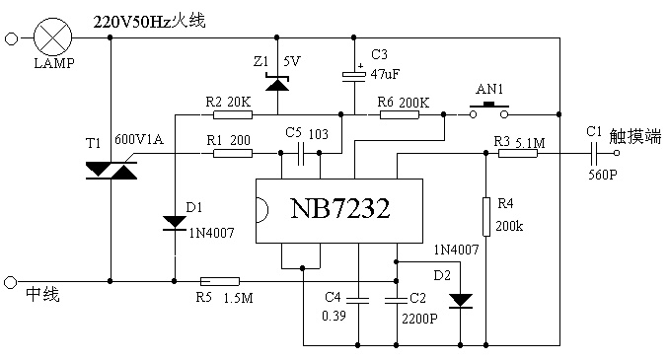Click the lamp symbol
[x=52, y=37]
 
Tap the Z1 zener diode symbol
[x=277, y=82]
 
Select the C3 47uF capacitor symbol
[x=354, y=76]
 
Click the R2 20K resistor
[x=233, y=114]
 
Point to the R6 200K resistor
[x=399, y=114]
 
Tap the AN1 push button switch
[x=489, y=110]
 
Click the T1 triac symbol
[x=111, y=171]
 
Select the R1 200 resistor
[x=233, y=153]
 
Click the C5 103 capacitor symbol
[x=300, y=153]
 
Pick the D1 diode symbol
[x=175, y=223]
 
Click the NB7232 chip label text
[x=340, y=208]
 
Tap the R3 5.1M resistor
[x=518, y=153]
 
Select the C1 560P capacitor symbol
[x=594, y=153]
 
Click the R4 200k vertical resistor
[x=486, y=217]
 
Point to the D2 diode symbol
[x=461, y=301]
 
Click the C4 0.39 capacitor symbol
[x=357, y=300]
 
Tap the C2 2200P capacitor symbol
[x=397, y=300]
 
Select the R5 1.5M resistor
[x=220, y=281]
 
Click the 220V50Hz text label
[x=132, y=22]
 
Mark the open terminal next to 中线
[x=11, y=282]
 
